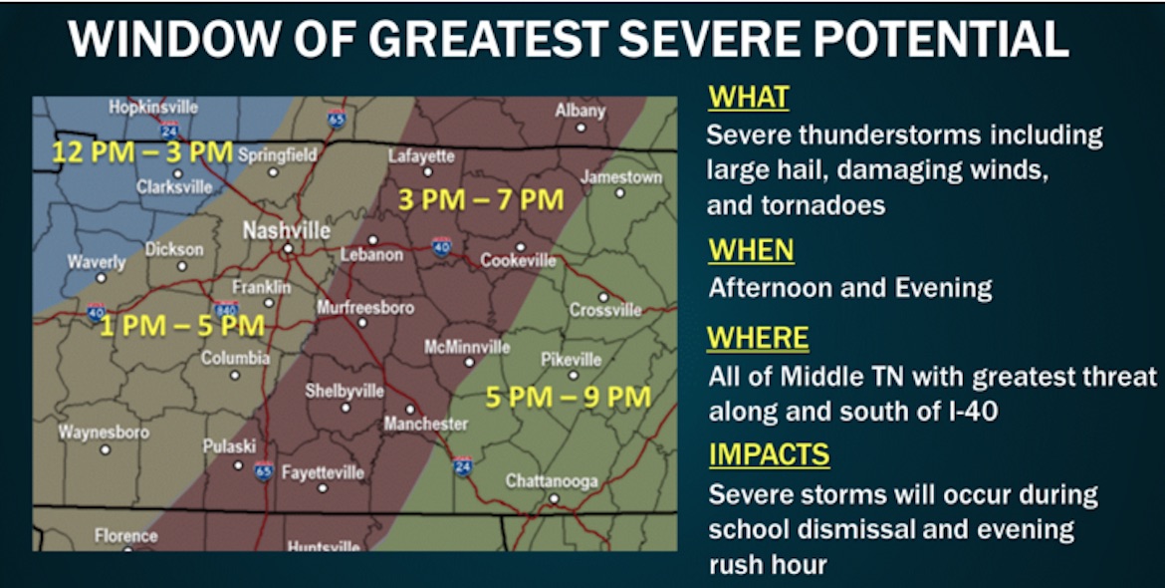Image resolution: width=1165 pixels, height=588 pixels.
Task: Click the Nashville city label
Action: point(287,230)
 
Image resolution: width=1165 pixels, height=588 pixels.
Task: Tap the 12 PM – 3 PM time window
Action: point(142,153)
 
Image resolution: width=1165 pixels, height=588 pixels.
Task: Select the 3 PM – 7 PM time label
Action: point(481,199)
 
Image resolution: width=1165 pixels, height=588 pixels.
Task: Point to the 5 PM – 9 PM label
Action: point(568,397)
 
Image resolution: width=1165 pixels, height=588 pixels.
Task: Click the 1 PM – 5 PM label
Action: point(181,326)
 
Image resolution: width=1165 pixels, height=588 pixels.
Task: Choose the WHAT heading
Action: point(748,98)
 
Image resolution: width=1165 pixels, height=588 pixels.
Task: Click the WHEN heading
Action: point(751,249)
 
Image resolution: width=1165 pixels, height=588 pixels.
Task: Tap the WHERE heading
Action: point(758,339)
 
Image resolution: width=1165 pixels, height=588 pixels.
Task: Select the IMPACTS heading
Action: point(769,454)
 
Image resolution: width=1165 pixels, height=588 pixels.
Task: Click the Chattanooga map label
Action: point(552,481)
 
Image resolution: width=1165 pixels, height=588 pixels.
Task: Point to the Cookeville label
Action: point(518,260)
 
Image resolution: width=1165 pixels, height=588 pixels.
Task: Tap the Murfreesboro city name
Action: point(364,308)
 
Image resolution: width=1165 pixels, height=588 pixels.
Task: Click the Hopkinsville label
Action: point(153,107)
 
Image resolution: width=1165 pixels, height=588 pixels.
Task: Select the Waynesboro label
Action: point(104,433)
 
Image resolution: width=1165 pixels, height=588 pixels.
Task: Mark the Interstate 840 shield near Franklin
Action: point(225,310)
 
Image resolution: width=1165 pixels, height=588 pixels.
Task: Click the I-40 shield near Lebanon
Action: point(441,245)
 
